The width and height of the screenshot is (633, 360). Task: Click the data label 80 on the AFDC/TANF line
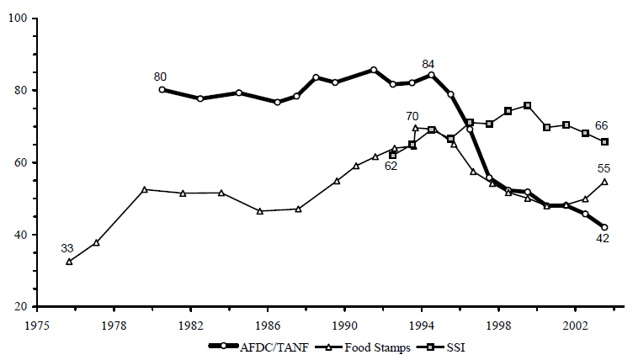160,77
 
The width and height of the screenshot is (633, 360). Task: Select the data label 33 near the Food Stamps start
68,248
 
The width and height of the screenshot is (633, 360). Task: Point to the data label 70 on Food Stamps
412,116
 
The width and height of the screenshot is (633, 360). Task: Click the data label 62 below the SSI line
391,167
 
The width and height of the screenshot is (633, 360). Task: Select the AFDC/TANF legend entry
262,346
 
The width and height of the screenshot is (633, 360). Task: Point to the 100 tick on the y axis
17,19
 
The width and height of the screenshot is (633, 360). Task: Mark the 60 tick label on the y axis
20,162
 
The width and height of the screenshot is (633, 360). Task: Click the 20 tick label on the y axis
20,307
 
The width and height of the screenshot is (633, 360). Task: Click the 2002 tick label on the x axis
575,323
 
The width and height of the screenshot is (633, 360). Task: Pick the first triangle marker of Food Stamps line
69,262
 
